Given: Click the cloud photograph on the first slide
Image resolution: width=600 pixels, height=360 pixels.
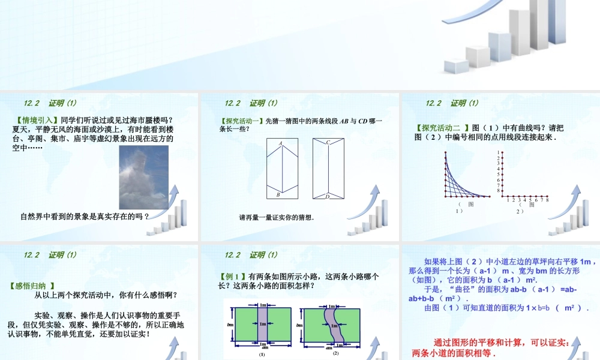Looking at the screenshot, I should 144,177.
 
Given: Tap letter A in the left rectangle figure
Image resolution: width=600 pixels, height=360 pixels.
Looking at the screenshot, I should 280,143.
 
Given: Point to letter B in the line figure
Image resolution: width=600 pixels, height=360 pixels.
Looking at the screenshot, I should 278,194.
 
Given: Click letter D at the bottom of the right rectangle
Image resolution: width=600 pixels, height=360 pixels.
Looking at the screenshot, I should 328,196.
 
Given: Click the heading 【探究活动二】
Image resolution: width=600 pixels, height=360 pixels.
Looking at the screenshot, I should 441,127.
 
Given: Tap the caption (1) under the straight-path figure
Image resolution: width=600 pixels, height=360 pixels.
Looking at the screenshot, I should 262,355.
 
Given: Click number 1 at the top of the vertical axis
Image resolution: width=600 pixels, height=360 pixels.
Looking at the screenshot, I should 498,152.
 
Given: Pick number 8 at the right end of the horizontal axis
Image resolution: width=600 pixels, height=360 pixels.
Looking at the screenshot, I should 547,200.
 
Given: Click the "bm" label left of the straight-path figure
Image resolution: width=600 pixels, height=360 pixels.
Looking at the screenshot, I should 230,325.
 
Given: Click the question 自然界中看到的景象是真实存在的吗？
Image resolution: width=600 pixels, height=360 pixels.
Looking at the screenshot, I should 85,216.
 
